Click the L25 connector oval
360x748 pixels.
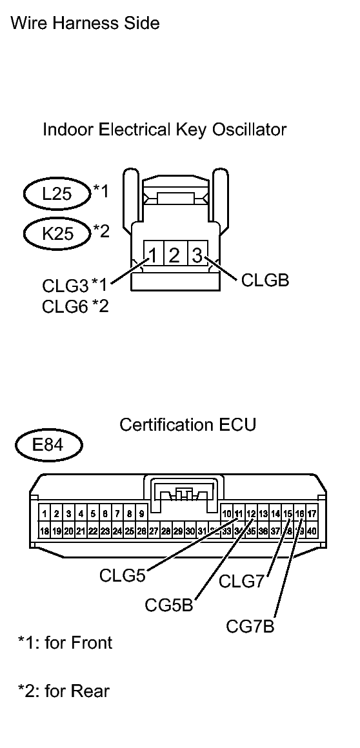57,193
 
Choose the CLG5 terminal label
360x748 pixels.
123,575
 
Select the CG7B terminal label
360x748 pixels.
250,625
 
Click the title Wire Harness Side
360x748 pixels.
85,24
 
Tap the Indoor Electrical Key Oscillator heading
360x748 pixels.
164,130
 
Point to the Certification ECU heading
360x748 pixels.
188,425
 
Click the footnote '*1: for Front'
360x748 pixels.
65,642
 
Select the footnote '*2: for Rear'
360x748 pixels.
63,691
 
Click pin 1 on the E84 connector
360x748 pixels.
45,514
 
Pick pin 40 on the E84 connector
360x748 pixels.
311,531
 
